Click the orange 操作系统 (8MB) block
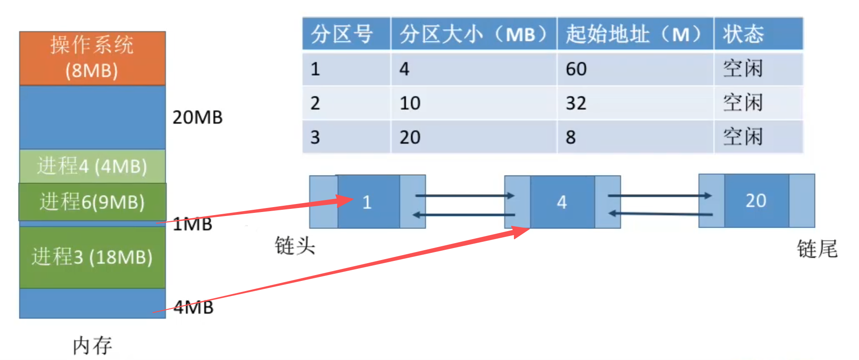pos(92,58)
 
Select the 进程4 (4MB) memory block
pos(92,166)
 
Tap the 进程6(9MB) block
pos(92,202)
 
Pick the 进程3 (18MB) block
pos(92,257)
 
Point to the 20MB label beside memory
pos(197,117)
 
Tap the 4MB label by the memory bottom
pos(194,307)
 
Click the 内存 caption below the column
pos(92,345)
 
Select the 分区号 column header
pos(341,34)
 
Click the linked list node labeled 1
pos(367,202)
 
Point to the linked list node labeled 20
pos(756,201)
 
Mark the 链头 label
pos(295,246)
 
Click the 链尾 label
pos(817,248)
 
